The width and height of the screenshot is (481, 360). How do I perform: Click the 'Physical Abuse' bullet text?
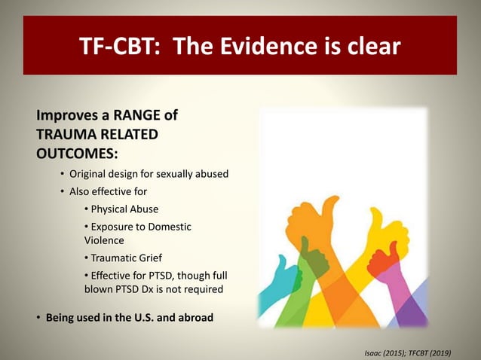[124, 209]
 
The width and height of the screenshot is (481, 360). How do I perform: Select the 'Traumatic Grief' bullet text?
[126, 258]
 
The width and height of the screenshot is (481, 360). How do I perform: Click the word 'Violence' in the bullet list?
[104, 239]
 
